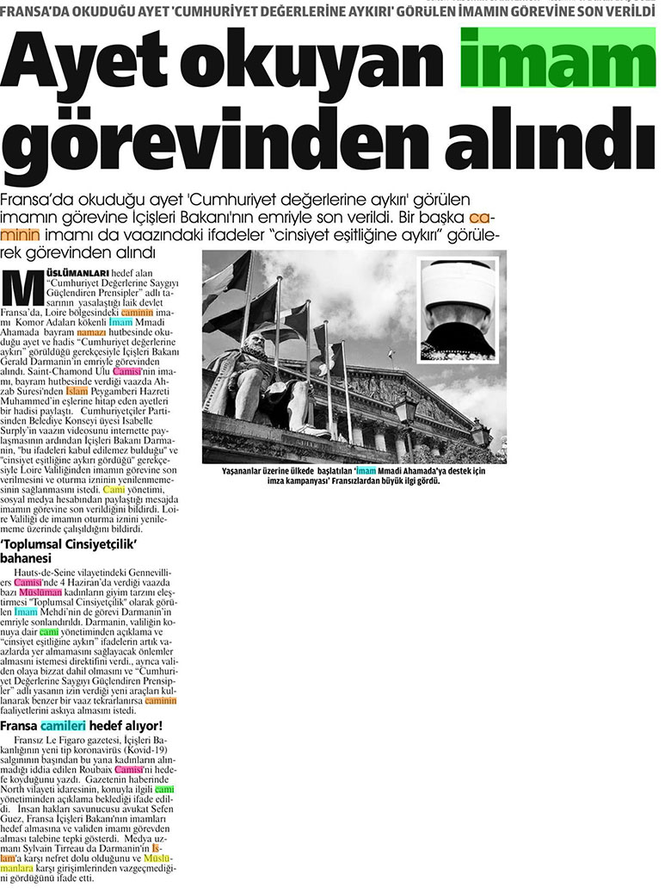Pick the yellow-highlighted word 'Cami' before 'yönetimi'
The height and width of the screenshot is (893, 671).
114,489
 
